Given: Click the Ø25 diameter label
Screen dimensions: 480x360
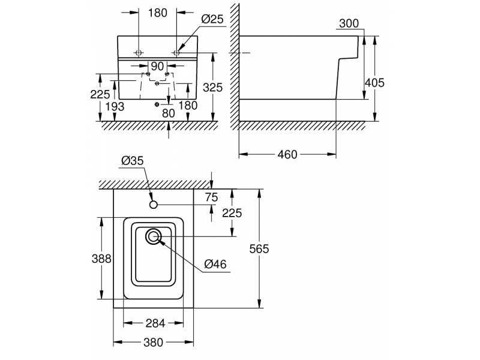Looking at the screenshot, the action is (212, 19).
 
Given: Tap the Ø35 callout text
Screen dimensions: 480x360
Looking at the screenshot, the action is (133, 160).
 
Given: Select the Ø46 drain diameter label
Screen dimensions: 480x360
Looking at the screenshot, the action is (215, 264).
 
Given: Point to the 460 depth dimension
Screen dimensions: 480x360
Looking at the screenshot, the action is (287, 154).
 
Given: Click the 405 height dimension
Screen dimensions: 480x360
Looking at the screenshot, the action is (374, 83).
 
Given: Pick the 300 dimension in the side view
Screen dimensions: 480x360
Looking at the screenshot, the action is (349, 23).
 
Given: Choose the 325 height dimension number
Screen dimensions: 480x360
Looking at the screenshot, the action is (213, 88).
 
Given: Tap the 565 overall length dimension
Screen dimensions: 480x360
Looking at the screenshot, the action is (259, 249).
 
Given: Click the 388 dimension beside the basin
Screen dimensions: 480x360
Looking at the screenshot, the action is (101, 259).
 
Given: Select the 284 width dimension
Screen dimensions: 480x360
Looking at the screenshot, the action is (155, 323).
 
